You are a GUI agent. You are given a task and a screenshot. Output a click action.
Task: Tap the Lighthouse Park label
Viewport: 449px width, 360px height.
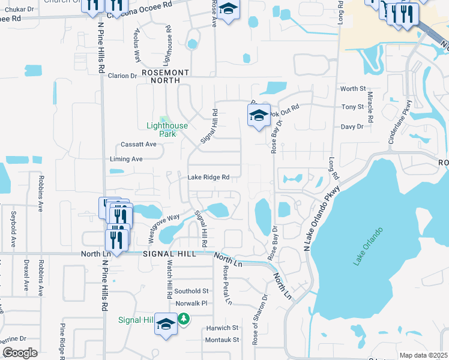pos(167,130)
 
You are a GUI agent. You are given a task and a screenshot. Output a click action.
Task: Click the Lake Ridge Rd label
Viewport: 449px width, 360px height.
pos(209,177)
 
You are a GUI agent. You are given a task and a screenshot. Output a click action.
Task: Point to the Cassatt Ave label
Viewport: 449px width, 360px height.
pos(139,144)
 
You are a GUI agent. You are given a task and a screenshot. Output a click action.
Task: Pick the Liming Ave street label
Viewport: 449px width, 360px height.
pos(126,159)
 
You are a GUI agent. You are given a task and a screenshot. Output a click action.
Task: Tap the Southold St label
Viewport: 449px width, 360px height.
pos(191,291)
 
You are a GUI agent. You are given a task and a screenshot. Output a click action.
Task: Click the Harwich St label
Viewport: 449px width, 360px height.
pos(222,328)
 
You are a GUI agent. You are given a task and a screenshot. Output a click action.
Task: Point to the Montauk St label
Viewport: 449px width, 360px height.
pos(222,340)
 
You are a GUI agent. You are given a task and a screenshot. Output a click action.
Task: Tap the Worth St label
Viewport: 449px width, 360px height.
pos(353,89)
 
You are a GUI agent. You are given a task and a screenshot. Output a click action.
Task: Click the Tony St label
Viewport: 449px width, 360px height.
pos(353,107)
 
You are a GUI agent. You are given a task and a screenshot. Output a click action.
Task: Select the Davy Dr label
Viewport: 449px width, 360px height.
pos(352,127)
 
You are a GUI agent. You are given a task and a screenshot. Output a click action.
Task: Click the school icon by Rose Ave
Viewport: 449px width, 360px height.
pos(228,10)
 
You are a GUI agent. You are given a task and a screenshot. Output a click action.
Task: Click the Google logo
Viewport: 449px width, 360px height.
pos(20,353)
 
